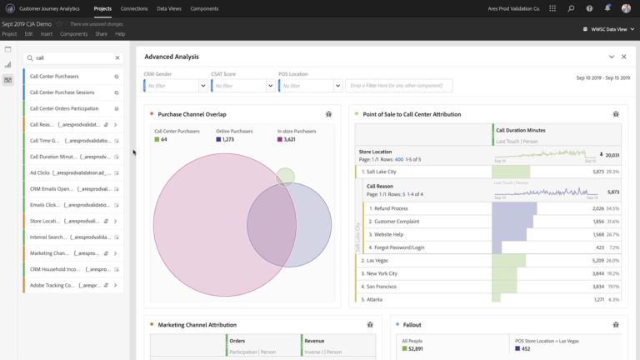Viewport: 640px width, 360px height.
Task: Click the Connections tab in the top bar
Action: (134, 8)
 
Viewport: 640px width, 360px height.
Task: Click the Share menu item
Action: (101, 34)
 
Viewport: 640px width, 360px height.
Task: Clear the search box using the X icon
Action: (117, 58)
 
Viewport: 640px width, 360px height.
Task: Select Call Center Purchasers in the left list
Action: (55, 76)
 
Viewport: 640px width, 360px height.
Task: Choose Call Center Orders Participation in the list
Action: (63, 108)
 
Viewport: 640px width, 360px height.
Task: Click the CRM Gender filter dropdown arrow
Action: (203, 85)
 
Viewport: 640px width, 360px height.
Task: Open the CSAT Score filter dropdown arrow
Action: (270, 85)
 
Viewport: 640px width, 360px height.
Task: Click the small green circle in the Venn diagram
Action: (285, 176)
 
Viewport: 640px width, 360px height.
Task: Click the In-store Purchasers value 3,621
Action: (290, 139)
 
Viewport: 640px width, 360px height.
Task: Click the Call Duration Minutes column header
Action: (521, 130)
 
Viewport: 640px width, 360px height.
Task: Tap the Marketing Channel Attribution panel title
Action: (197, 324)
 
